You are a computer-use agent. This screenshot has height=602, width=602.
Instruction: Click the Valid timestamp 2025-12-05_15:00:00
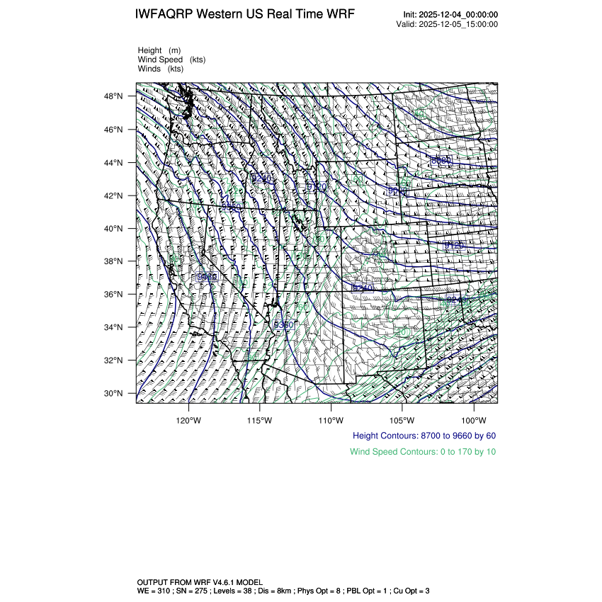[459, 24]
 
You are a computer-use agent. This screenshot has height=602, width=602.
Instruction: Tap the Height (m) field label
[159, 50]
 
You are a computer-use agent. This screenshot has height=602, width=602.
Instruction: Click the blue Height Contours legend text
[424, 435]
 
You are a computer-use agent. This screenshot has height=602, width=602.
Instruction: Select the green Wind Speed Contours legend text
[423, 451]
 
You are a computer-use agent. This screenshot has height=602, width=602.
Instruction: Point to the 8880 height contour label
[441, 161]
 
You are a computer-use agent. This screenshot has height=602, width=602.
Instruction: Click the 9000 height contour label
[397, 191]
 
